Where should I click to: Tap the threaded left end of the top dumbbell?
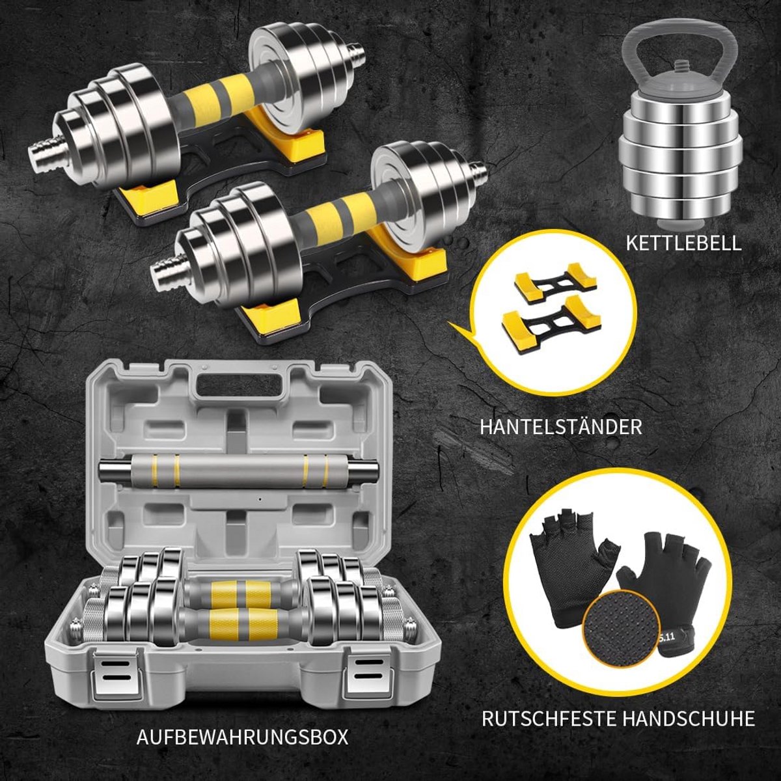[x=45, y=149]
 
